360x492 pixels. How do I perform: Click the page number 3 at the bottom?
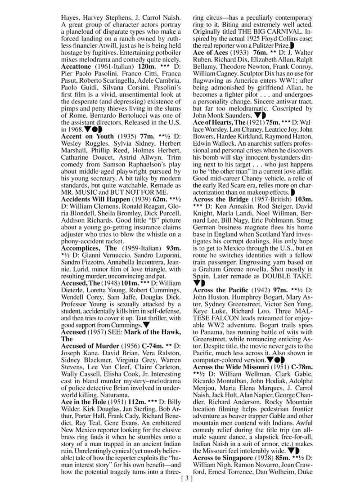[x=186, y=479]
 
